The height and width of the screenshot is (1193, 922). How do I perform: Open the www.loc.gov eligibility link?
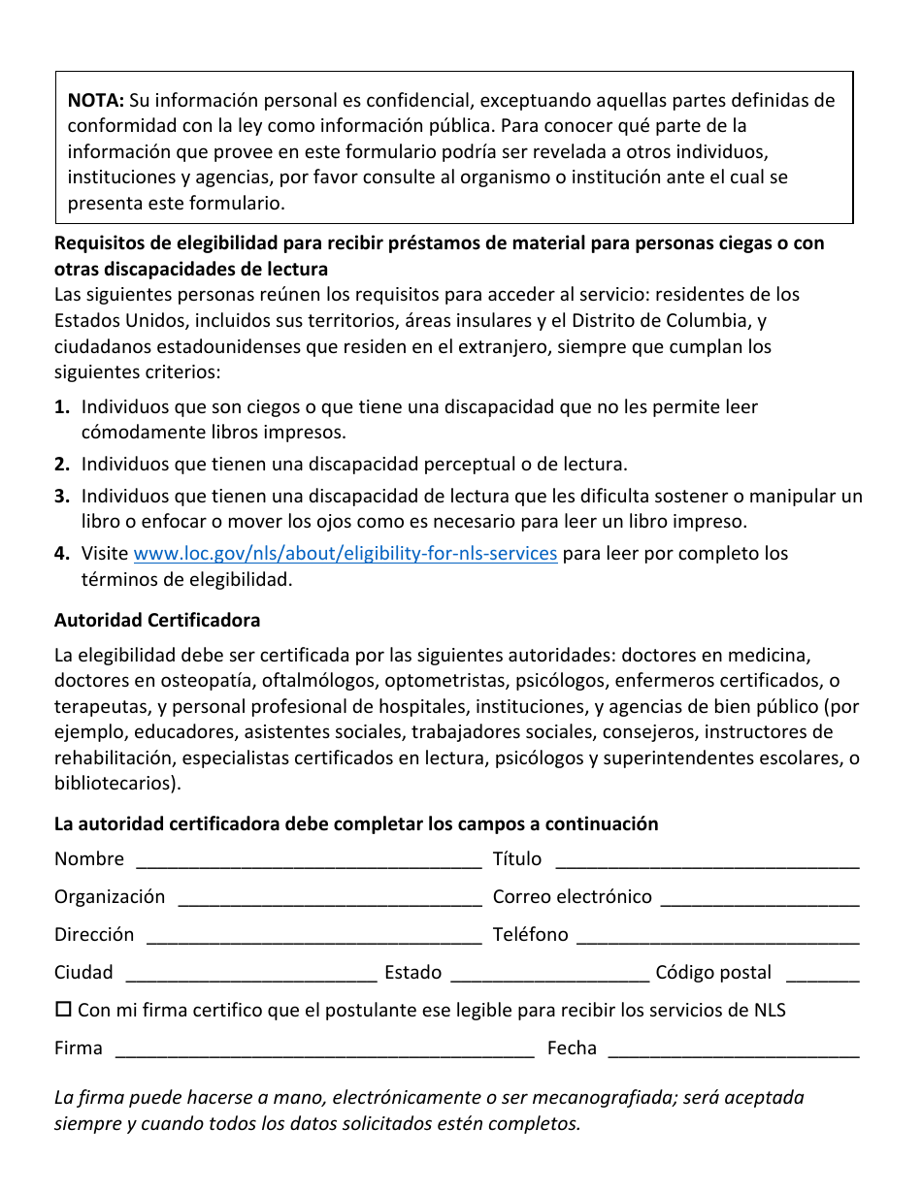pyautogui.click(x=345, y=554)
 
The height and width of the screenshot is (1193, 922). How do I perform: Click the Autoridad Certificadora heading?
pyautogui.click(x=157, y=620)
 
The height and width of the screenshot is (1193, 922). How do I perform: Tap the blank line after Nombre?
pyautogui.click(x=309, y=861)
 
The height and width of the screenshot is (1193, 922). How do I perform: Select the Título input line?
pyautogui.click(x=707, y=861)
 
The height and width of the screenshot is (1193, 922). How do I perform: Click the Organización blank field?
pyautogui.click(x=330, y=899)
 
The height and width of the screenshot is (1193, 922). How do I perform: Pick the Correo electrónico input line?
pyautogui.click(x=759, y=899)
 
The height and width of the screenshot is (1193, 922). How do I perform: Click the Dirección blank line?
pyautogui.click(x=313, y=937)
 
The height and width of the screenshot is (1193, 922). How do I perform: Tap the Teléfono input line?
pyautogui.click(x=717, y=937)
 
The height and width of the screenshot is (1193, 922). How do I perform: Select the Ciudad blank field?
pyautogui.click(x=251, y=975)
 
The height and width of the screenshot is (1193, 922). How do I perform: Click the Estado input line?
pyautogui.click(x=550, y=975)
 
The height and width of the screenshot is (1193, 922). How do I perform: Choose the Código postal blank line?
pyautogui.click(x=822, y=975)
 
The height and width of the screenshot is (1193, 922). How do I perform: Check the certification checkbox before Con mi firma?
pyautogui.click(x=64, y=1010)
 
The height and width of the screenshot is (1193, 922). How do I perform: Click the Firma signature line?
pyautogui.click(x=324, y=1050)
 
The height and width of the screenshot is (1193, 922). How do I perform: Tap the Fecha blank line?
pyautogui.click(x=733, y=1050)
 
